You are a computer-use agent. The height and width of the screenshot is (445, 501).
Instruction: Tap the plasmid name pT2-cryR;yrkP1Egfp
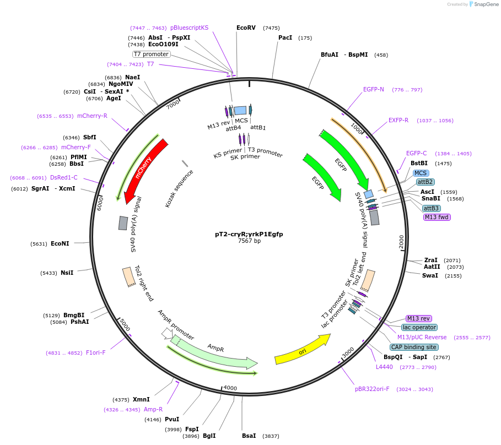(249, 234)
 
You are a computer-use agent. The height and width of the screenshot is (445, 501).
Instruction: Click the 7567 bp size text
(249, 241)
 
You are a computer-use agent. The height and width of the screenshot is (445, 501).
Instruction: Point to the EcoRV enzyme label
(246, 28)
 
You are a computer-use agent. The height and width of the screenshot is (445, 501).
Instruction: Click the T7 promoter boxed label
(152, 54)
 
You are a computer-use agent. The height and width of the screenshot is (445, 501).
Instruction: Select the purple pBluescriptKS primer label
(189, 28)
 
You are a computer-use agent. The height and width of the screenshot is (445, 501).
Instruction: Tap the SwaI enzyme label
(430, 275)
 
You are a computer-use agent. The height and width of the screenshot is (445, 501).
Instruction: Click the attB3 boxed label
(431, 208)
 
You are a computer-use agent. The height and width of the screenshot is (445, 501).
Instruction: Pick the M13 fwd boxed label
(437, 217)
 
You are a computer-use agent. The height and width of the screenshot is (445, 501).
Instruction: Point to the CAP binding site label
(413, 347)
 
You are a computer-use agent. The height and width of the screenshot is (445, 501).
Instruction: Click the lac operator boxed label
(419, 327)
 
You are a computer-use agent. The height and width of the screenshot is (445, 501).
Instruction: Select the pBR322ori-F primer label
(372, 389)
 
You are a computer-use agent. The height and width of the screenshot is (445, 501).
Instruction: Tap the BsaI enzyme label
(249, 436)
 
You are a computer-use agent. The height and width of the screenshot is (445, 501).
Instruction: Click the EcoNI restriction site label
(60, 243)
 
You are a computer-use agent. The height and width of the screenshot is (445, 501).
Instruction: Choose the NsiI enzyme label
(67, 273)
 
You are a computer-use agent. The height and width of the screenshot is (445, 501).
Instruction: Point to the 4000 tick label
(230, 388)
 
